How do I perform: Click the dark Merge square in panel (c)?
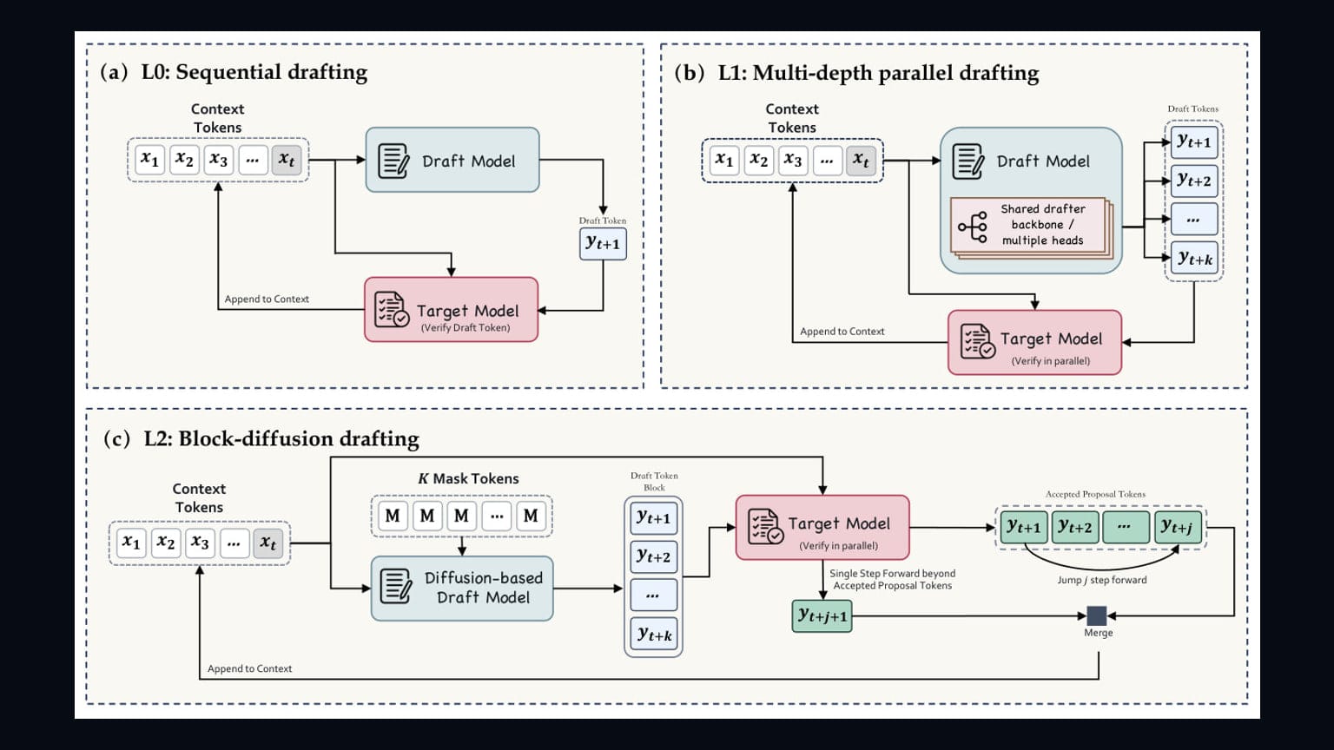[1096, 615]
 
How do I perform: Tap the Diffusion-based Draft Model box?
[462, 588]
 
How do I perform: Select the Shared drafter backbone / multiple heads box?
[1031, 227]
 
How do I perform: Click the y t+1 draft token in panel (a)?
[603, 243]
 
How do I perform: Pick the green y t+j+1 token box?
[822, 616]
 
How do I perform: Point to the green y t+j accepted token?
[1178, 528]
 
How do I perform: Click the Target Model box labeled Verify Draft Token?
[452, 310]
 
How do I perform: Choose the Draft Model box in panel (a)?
[452, 160]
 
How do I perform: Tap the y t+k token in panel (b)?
[1194, 258]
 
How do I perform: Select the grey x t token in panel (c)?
[268, 543]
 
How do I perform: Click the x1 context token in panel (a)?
[149, 160]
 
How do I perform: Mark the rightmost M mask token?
[531, 516]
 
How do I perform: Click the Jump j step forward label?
[1102, 580]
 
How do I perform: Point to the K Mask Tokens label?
[468, 478]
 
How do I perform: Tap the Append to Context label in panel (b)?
[842, 332]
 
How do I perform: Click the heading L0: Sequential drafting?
[254, 72]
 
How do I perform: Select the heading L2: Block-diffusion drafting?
[281, 438]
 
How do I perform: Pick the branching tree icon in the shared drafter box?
[973, 227]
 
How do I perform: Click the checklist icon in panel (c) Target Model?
[765, 526]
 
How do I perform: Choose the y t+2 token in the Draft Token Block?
[653, 556]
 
